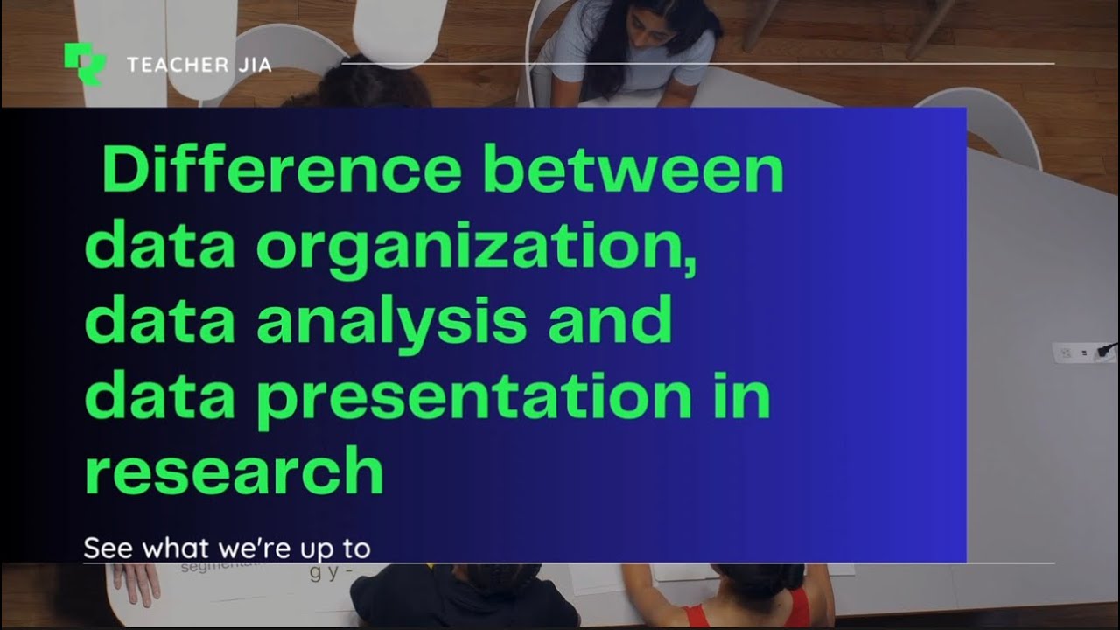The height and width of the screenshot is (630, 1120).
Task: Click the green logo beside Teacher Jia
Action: coord(84,64)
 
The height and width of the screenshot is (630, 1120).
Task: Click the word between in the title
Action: coord(633,171)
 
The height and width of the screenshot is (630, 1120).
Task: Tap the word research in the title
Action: coord(234,472)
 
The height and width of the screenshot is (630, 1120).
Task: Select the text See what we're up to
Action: coord(227,549)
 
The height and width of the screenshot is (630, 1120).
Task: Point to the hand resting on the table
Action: coord(136,582)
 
